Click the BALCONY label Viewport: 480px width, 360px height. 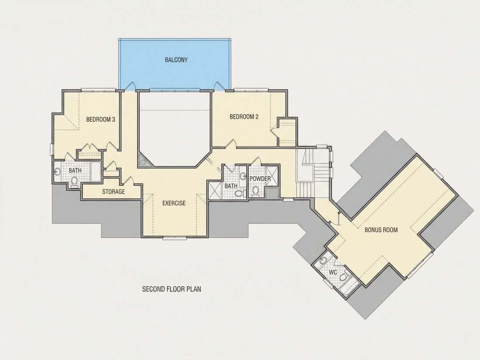176,60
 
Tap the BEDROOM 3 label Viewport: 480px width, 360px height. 100,120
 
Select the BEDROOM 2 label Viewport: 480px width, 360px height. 244,117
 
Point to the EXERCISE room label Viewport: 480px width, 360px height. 174,203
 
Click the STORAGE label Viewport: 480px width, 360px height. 113,192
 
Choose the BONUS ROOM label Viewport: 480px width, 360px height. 381,230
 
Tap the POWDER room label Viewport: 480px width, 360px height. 260,178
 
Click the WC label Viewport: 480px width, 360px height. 333,272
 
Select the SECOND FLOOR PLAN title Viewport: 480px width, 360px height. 172,289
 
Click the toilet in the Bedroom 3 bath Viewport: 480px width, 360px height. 74,182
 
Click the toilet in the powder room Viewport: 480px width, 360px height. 256,191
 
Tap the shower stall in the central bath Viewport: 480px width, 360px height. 215,190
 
